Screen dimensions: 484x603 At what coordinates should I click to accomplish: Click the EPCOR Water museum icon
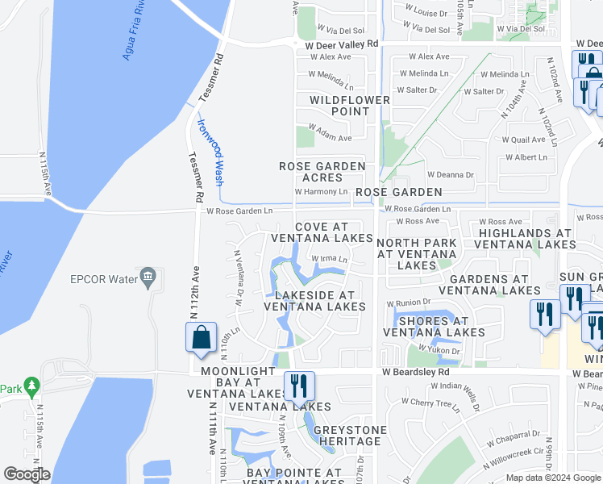[x=148, y=279]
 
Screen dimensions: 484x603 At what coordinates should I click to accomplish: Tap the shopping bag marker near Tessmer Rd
[x=201, y=337]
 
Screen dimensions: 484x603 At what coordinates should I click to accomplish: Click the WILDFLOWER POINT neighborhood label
[x=350, y=105]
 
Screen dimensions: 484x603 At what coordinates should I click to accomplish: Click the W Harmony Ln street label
[x=321, y=192]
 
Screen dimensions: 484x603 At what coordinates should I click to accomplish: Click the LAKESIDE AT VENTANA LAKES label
[x=314, y=301]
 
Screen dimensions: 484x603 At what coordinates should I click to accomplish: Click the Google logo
[x=27, y=474]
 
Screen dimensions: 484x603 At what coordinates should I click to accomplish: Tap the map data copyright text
[x=553, y=478]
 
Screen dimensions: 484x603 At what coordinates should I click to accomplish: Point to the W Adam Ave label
[x=331, y=138]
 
